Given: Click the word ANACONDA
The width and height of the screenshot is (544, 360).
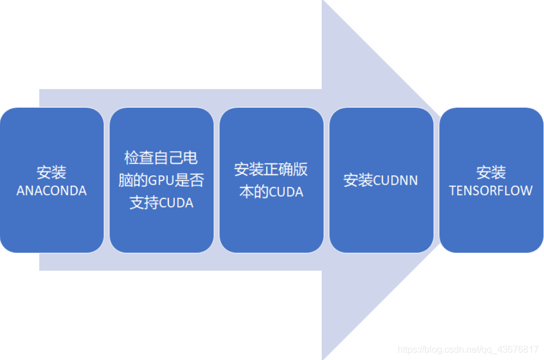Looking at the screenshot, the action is (x=52, y=191).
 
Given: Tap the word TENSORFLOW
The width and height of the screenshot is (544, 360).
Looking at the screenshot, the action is (x=491, y=191).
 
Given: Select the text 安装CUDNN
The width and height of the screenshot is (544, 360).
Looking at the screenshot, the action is (x=381, y=180).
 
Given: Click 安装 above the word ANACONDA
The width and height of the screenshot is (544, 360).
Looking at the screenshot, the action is (x=52, y=172).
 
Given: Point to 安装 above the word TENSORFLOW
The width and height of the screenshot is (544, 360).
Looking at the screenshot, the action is (x=491, y=172).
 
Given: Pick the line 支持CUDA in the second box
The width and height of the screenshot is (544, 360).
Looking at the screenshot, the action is (x=161, y=203).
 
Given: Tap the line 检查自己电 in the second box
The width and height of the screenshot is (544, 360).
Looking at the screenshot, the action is (x=161, y=157).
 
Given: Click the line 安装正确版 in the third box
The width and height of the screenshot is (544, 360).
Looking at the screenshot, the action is (x=271, y=169).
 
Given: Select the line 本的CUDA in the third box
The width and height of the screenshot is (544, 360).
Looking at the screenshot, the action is (x=271, y=192).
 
